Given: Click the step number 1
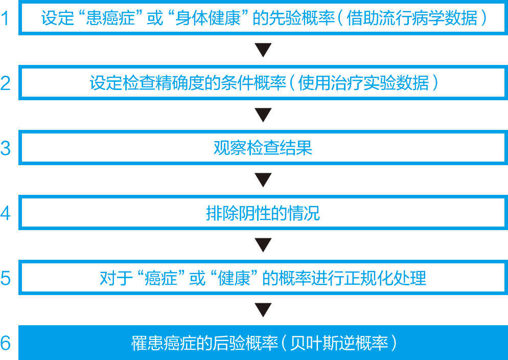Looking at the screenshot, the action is tap(6, 18).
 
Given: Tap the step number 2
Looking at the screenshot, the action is tap(6, 83).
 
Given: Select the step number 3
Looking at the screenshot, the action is tap(6, 148).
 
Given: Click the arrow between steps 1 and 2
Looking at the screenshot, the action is tap(263, 50).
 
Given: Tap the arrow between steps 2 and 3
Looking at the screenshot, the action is tap(263, 115).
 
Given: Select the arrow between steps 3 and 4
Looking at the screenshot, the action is tap(263, 180).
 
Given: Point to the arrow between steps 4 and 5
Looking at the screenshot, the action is tap(263, 245).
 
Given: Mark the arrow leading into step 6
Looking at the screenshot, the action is tap(263, 310).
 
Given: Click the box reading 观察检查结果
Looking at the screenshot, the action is tap(263, 148).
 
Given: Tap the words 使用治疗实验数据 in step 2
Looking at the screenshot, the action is tap(363, 83).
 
